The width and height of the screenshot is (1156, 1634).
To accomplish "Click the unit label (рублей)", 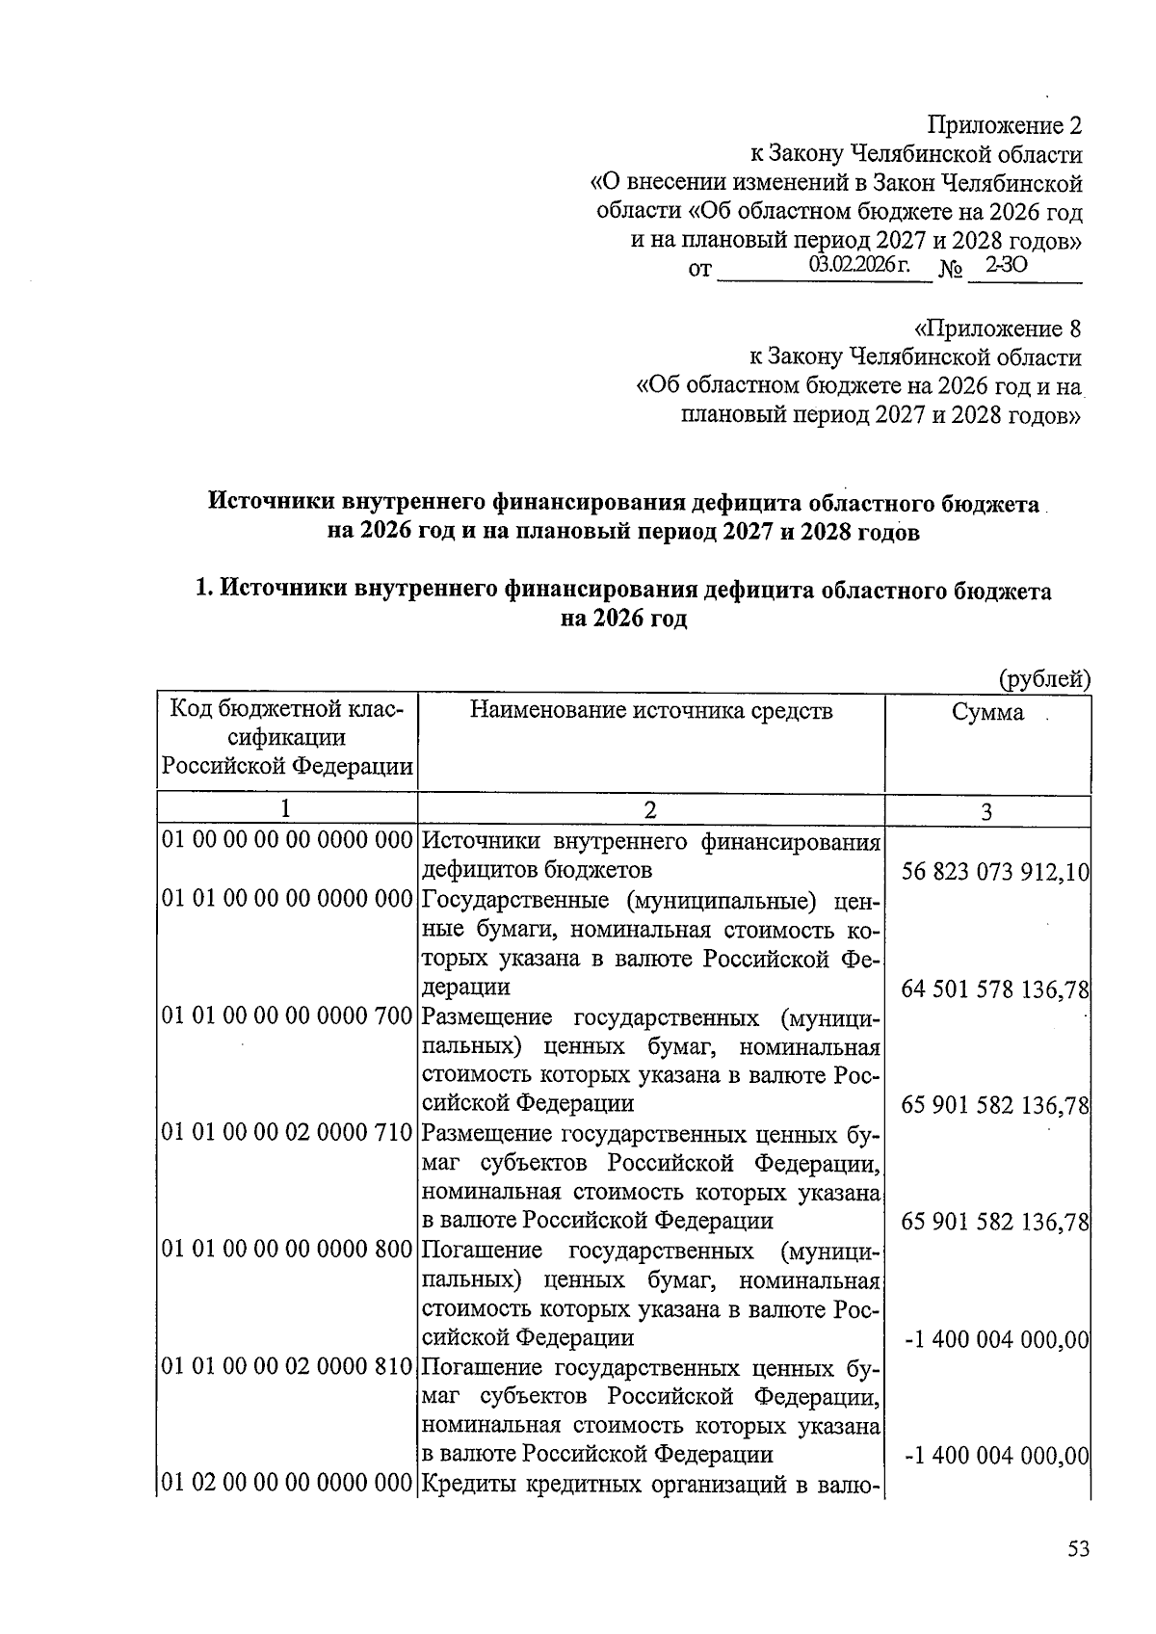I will [x=1044, y=678].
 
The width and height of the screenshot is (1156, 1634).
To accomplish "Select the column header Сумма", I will [x=987, y=713].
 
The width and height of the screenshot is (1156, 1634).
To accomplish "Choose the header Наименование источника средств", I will [x=651, y=711].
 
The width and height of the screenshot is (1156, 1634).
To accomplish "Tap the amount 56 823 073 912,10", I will [x=995, y=873].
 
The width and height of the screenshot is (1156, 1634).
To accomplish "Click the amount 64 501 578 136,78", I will [x=995, y=989].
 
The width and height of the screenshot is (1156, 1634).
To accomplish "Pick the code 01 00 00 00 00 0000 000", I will [x=288, y=840].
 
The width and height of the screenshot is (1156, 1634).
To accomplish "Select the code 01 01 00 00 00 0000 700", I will [x=288, y=1016].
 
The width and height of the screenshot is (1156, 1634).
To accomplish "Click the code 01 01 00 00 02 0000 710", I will [x=288, y=1133].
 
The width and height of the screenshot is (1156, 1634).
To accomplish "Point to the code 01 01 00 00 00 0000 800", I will [x=288, y=1251].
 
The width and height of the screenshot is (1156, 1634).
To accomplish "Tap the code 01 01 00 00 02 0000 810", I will [x=288, y=1367].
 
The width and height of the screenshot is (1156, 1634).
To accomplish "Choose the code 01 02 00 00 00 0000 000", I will [x=288, y=1484].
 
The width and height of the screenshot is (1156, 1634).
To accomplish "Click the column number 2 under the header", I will [x=650, y=810].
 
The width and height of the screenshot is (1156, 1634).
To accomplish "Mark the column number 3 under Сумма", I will [x=986, y=811].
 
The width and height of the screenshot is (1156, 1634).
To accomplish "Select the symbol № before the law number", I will [x=951, y=269].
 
